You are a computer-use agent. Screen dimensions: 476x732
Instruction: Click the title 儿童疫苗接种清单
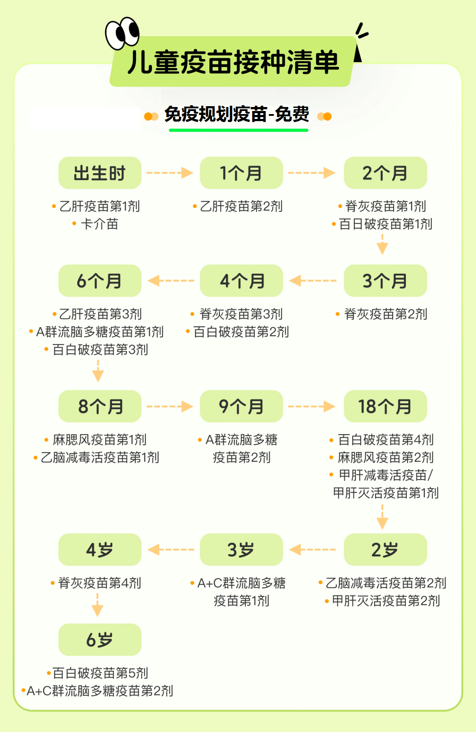234,62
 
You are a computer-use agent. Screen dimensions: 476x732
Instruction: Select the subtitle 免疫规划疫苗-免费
237,114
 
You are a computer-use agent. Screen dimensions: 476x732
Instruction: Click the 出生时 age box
100,173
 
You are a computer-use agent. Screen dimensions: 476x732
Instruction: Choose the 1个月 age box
241,173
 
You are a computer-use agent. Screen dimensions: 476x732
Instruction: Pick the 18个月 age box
386,406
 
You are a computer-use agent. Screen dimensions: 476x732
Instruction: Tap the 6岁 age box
100,640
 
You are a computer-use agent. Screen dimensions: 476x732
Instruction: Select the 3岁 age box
241,550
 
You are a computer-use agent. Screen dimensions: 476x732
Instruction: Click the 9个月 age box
241,406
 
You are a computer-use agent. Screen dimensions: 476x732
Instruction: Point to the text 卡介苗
99,224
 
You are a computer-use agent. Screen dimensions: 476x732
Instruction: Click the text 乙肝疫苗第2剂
241,206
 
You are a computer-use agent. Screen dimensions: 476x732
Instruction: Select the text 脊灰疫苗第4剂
99,583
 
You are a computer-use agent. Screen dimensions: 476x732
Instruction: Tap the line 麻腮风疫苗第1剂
99,440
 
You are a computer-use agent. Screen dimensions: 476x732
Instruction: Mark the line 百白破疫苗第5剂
100,673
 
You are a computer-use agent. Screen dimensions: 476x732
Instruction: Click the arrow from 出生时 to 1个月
170,173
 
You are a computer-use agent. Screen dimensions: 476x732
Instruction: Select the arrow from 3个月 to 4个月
313,281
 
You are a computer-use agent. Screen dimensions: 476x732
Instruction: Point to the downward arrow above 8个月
98,371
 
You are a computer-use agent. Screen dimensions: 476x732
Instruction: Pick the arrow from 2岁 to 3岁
312,550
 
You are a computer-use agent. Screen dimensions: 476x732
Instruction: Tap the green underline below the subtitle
238,130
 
